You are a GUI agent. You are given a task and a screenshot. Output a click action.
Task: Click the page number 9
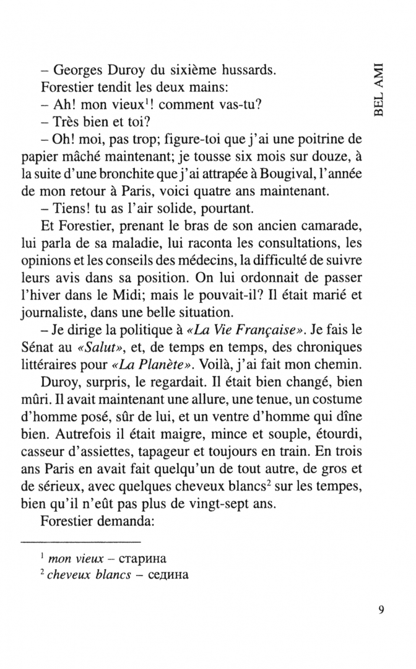381,609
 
